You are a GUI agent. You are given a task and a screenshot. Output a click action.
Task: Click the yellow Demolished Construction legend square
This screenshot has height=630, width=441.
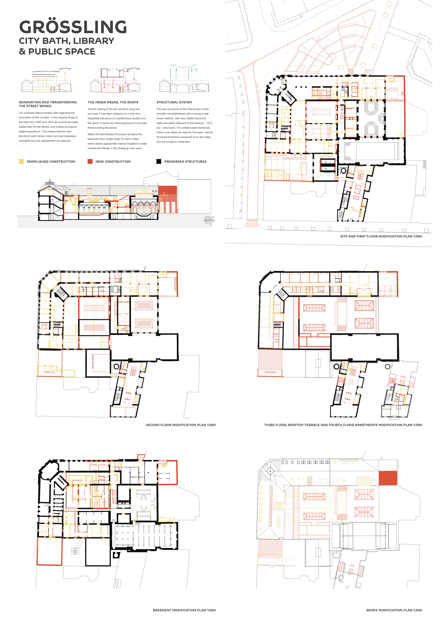tap(21, 161)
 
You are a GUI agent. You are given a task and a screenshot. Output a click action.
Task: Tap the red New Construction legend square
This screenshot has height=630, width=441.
tap(90, 161)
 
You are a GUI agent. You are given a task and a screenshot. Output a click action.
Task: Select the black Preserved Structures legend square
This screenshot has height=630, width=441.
tap(159, 161)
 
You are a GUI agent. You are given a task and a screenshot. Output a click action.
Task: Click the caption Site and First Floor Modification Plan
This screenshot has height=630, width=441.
tap(381, 236)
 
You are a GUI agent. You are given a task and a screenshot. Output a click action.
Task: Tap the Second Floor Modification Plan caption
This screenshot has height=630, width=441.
tap(181, 425)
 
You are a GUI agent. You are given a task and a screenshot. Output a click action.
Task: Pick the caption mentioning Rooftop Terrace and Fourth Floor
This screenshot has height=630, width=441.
tap(343, 425)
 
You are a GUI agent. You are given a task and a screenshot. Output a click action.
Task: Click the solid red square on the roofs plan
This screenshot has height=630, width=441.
tap(388, 478)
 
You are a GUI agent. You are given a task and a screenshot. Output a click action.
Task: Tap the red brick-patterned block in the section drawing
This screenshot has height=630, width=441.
tap(167, 199)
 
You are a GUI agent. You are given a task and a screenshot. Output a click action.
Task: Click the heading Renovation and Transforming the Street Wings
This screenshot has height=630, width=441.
tap(48, 104)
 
